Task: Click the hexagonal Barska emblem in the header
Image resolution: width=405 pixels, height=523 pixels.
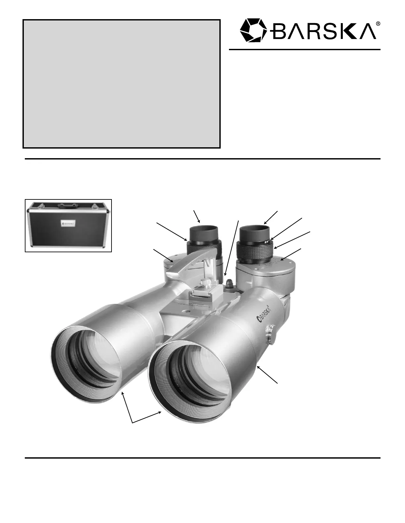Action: coord(253,30)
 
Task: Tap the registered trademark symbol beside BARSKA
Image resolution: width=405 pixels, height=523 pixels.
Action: coord(378,23)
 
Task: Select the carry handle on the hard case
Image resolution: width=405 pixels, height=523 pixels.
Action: coord(68,205)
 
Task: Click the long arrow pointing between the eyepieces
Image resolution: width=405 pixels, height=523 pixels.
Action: coord(232,248)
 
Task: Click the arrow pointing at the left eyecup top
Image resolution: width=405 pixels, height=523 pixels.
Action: coord(197,216)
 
